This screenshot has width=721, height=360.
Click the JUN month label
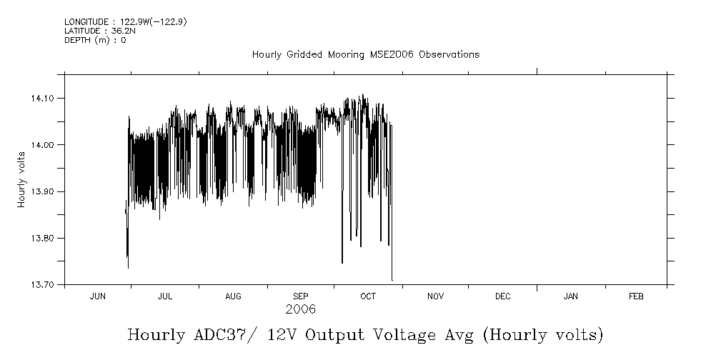click(x=98, y=296)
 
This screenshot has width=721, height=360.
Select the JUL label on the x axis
click(x=165, y=296)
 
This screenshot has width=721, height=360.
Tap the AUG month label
click(x=233, y=296)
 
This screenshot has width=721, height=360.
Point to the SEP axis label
click(x=301, y=296)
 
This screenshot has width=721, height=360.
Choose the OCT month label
click(x=368, y=296)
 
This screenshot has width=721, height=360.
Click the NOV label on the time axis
click(x=435, y=296)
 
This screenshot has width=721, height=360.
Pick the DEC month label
click(x=502, y=296)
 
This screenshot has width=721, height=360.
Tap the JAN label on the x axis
click(x=571, y=296)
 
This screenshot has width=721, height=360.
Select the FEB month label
click(x=636, y=296)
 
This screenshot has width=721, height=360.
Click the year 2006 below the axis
click(x=300, y=310)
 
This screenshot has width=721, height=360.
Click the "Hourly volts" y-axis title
click(x=21, y=179)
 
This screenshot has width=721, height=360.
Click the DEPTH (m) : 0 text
click(x=95, y=40)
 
